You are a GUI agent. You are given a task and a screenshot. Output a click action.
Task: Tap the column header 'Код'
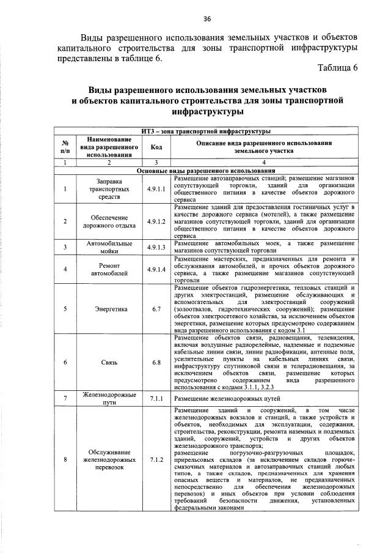[156, 147]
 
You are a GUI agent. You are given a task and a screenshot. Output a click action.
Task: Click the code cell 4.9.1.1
[156, 189]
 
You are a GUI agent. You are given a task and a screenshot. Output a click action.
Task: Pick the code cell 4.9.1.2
[156, 221]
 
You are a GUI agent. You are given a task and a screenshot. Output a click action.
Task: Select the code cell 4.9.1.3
[156, 247]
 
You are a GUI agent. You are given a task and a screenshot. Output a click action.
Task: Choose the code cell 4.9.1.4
[156, 270]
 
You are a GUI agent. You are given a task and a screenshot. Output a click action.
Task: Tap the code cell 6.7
[156, 309]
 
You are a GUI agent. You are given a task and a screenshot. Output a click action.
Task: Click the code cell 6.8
[156, 362]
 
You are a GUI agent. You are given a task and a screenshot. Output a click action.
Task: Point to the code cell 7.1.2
[156, 459]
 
